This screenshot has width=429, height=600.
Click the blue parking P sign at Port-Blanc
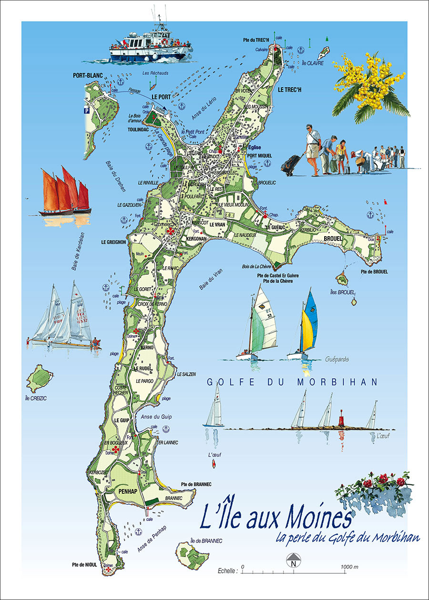tap(87, 110)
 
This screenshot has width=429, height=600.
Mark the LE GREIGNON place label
tap(113, 242)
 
